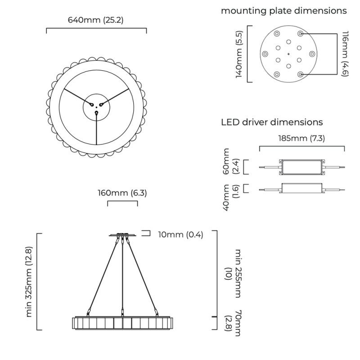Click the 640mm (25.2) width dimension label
coord(96,20)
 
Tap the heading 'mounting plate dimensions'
coord(283,10)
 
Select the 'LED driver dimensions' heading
coord(272,122)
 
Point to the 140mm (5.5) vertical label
coord(239,54)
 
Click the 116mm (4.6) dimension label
coord(345,54)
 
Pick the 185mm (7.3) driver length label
coord(301,138)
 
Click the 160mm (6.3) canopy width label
coord(122,193)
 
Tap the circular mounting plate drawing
coord(288,54)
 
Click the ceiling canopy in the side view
coord(122,234)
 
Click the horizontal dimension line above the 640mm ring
coord(96,29)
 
